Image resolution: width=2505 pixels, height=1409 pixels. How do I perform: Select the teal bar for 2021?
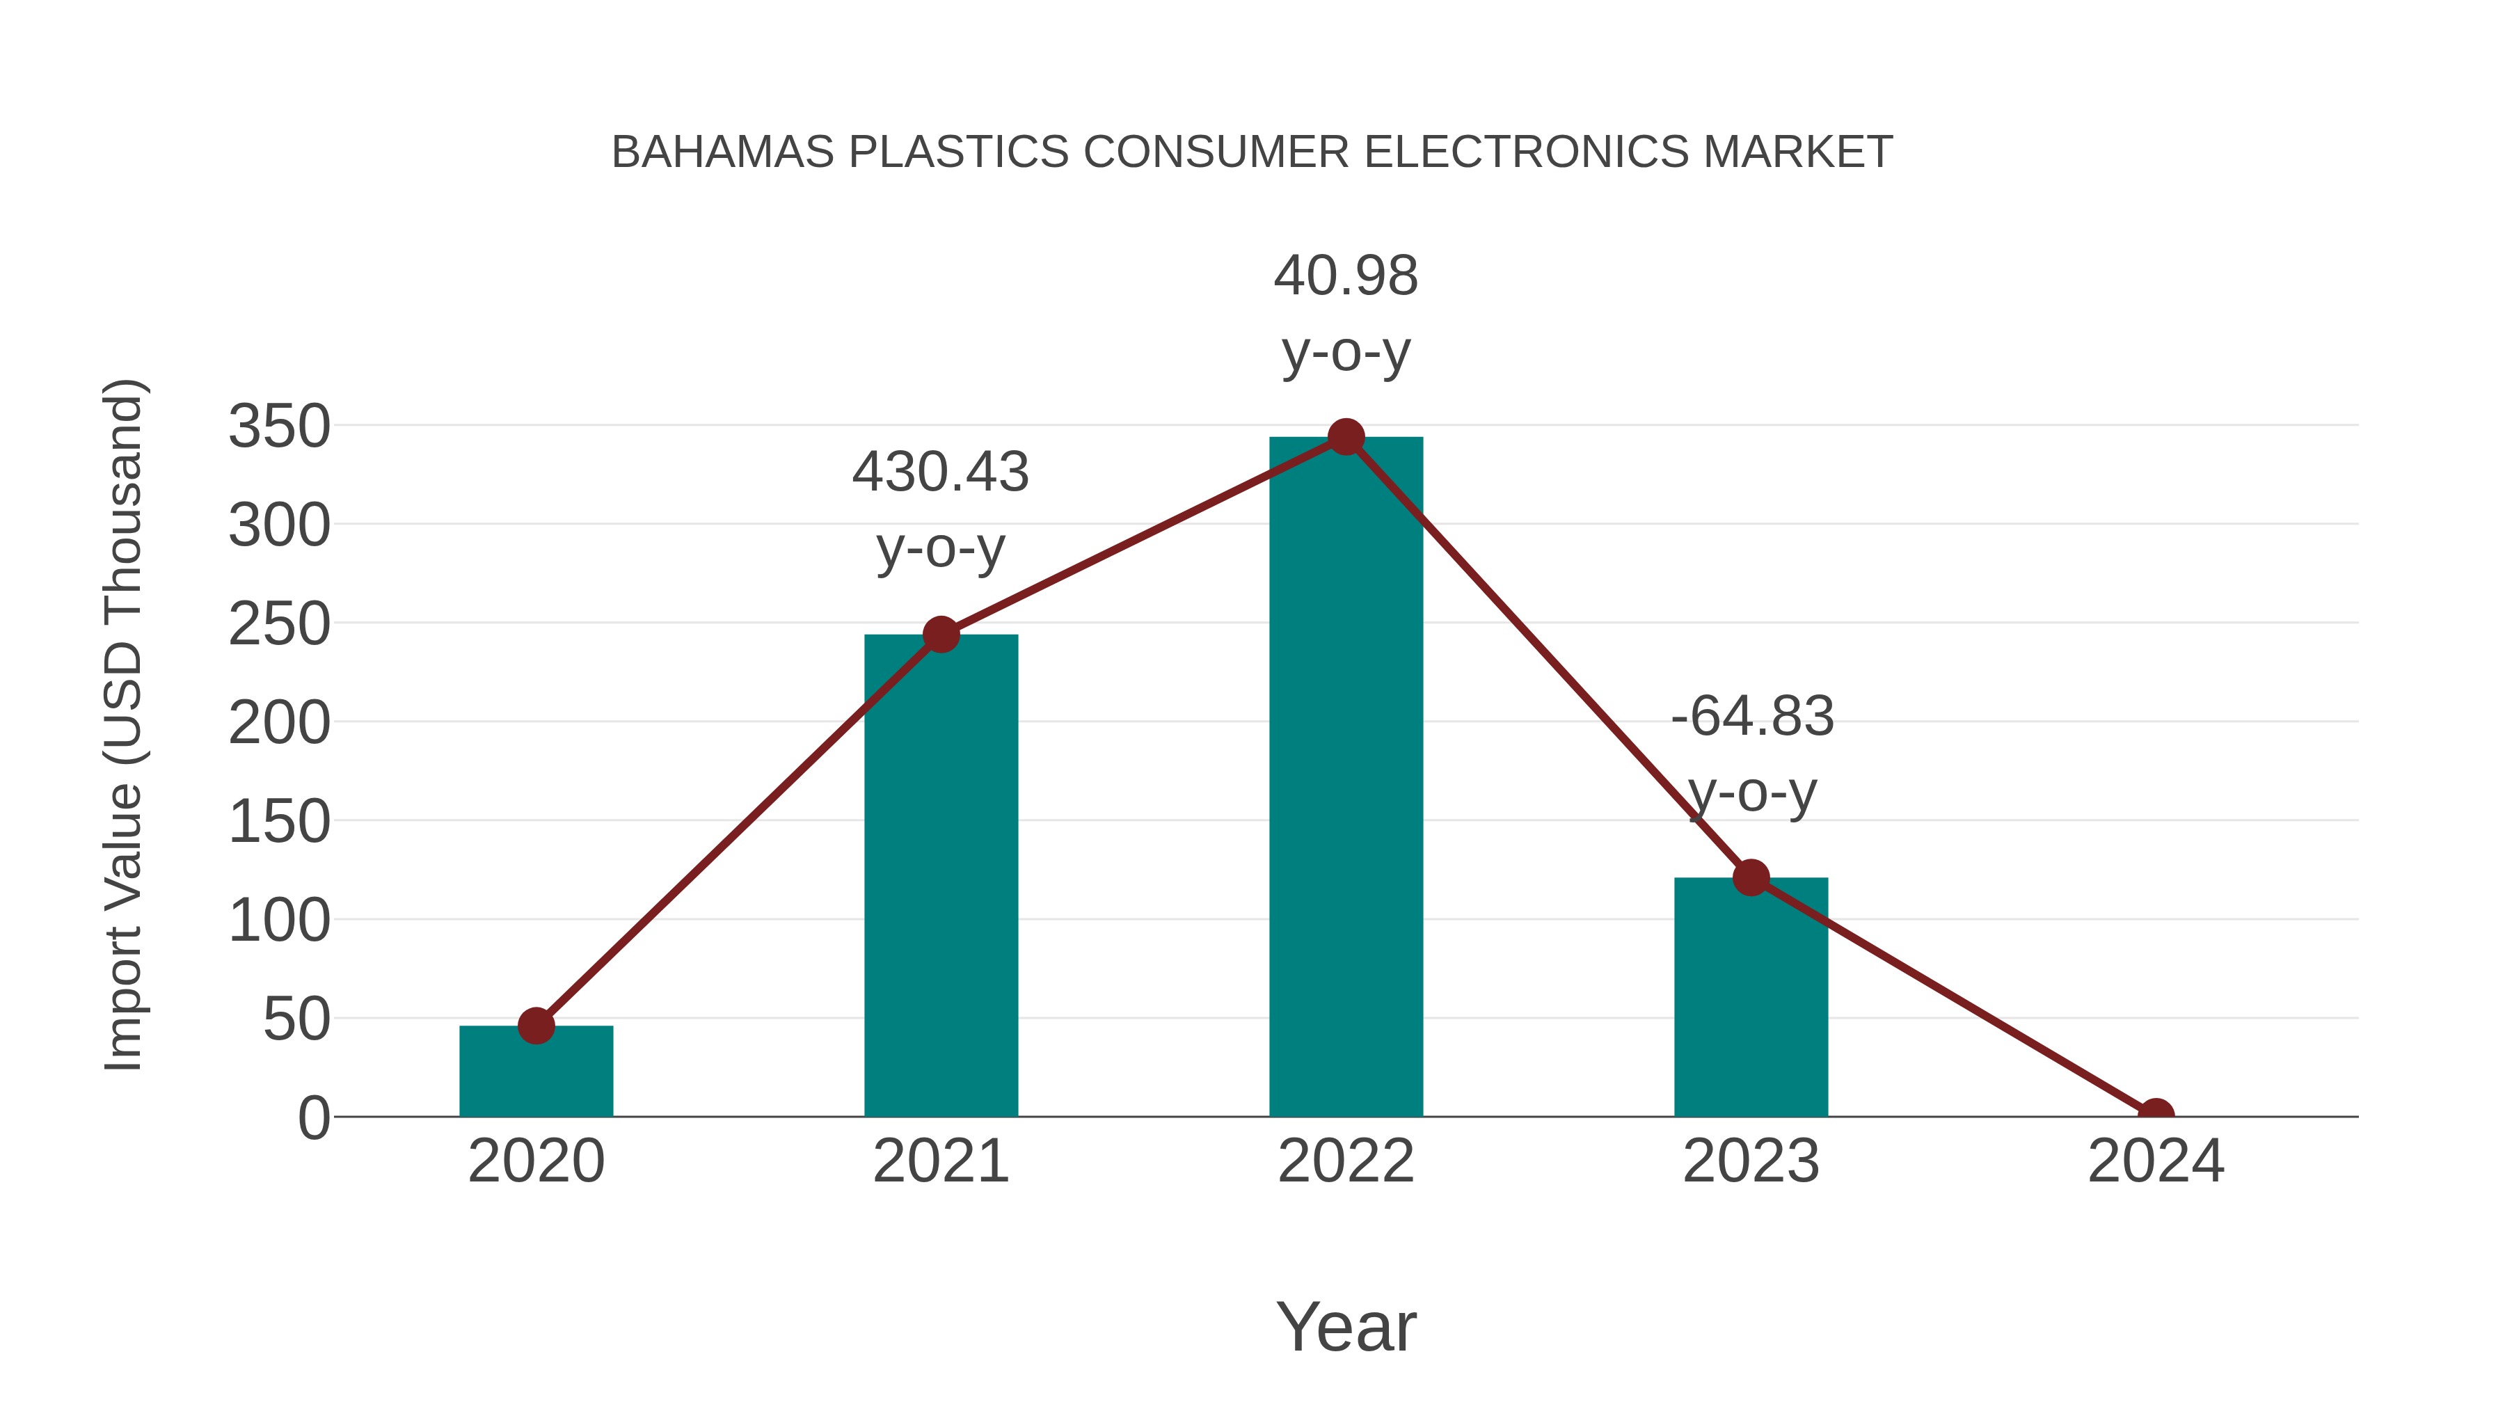[x=940, y=875]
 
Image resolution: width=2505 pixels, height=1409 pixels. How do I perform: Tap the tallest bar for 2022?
[x=1345, y=778]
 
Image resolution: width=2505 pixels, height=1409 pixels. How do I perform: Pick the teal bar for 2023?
[x=1751, y=996]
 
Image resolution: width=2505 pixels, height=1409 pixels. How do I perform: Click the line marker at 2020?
[x=536, y=1025]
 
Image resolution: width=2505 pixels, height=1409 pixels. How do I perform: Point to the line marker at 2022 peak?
[x=1345, y=438]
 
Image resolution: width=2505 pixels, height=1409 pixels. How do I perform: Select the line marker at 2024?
[x=2156, y=1115]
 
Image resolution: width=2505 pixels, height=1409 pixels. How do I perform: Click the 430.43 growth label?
[x=940, y=472]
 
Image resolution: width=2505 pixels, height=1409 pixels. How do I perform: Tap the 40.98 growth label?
[x=1345, y=276]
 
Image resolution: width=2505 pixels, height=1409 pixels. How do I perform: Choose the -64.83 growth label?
[x=1751, y=717]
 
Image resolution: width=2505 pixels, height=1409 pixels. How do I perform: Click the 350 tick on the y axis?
[x=279, y=427]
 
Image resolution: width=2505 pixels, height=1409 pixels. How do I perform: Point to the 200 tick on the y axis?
[x=279, y=724]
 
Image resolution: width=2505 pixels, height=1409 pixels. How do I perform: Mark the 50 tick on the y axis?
[x=296, y=1020]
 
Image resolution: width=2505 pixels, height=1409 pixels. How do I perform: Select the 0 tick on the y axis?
[x=314, y=1118]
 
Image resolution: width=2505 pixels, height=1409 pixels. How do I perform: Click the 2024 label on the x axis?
[x=2156, y=1161]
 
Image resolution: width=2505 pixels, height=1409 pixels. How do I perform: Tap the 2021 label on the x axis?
[x=940, y=1161]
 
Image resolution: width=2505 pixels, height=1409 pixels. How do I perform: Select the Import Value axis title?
[x=123, y=724]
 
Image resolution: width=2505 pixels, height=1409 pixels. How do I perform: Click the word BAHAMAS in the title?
[x=722, y=152]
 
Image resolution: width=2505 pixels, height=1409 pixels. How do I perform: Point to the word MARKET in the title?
[x=1797, y=152]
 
